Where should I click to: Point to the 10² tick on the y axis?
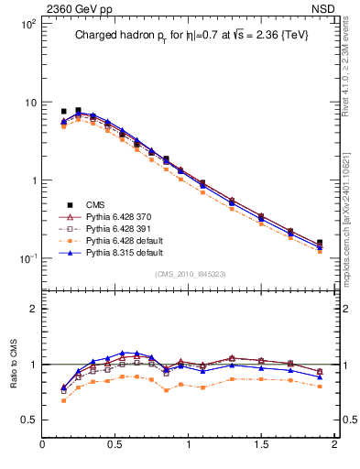[27, 24]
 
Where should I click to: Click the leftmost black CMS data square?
[63, 111]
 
